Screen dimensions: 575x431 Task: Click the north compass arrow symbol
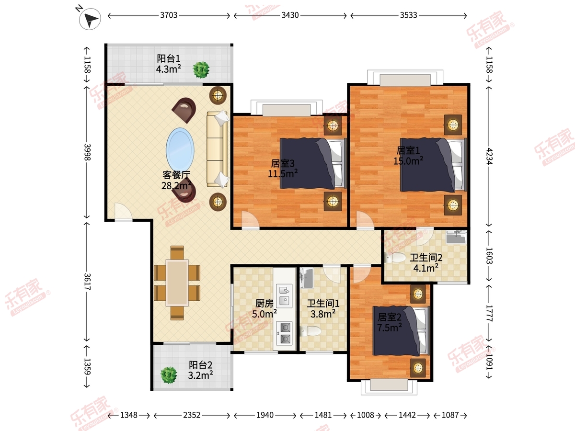pos(90,19)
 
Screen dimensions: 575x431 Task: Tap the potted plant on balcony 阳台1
pos(201,69)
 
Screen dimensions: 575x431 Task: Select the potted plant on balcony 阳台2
pos(169,375)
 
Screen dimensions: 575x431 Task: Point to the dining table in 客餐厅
pos(177,283)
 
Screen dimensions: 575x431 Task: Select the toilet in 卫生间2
pos(395,258)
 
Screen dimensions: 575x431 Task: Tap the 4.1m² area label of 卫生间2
pos(425,268)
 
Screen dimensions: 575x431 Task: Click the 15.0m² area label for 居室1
pos(408,161)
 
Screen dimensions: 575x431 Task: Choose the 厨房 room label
pos(264,304)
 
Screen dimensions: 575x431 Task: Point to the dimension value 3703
pos(169,15)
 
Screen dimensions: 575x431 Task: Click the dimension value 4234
pos(489,156)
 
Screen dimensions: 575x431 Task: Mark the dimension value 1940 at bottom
pos(265,415)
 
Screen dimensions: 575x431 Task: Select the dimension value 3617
pos(87,282)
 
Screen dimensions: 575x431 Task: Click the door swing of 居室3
pos(251,220)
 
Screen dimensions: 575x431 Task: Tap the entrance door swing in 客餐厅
pos(123,212)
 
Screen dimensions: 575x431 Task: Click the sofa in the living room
pos(217,148)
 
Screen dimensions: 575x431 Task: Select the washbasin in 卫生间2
pos(456,237)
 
